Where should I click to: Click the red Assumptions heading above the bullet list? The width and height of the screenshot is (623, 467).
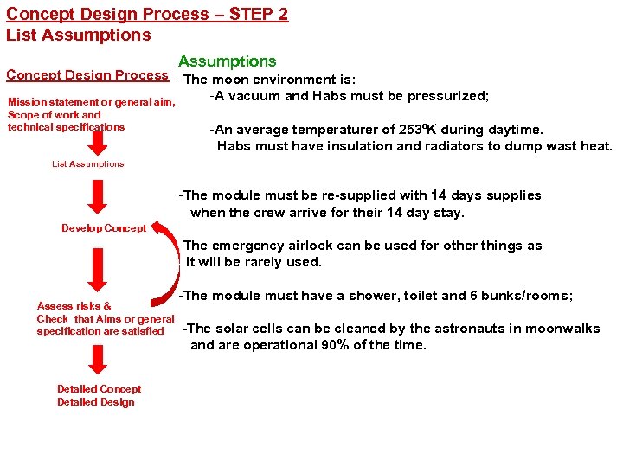point(227,61)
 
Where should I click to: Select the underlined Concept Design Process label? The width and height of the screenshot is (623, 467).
point(87,75)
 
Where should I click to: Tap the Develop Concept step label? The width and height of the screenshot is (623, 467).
point(104,228)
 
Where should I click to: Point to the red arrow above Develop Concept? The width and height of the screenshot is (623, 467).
point(100,196)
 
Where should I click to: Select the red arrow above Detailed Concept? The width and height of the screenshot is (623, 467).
point(100,358)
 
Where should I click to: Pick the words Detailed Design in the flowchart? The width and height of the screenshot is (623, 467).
point(96,402)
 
